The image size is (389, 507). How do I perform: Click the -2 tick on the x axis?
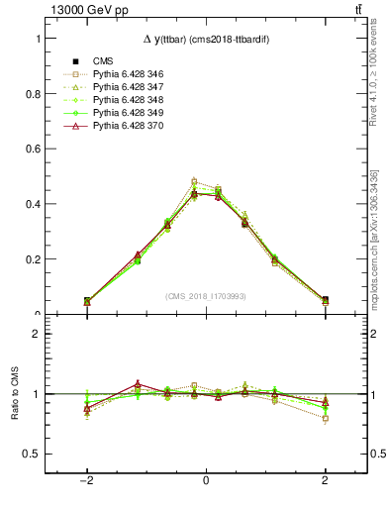tap(87, 479)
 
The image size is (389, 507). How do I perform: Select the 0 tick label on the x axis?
tap(206, 479)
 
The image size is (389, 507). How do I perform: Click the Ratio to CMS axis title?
tap(13, 393)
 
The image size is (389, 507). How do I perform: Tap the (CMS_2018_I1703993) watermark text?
tap(205, 296)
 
